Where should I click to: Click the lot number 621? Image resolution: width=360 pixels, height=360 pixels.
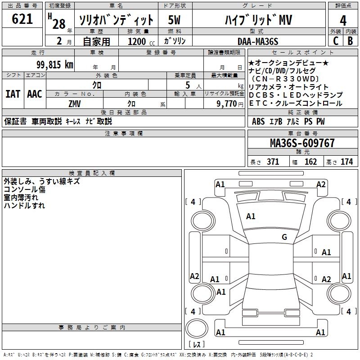[22, 19]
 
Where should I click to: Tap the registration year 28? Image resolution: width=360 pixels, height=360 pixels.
[59, 23]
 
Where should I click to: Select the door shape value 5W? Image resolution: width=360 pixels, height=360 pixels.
[175, 20]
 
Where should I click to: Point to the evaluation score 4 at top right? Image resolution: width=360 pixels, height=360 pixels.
[343, 20]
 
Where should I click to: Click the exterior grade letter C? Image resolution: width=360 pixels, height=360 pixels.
[335, 40]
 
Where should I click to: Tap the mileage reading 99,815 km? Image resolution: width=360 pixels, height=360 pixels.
[54, 65]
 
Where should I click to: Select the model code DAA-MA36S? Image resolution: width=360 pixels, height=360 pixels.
[258, 41]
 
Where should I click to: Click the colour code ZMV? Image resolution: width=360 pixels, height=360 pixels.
[75, 103]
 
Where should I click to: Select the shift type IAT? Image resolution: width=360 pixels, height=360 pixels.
[13, 94]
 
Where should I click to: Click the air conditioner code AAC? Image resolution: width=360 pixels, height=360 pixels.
[34, 94]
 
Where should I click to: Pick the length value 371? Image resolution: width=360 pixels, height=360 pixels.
[273, 162]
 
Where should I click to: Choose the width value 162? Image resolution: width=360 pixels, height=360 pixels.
[310, 162]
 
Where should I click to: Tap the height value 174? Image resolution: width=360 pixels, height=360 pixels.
[346, 162]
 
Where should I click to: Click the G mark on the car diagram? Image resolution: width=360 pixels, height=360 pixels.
[284, 237]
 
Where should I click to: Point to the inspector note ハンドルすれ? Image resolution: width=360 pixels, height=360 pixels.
[24, 206]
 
